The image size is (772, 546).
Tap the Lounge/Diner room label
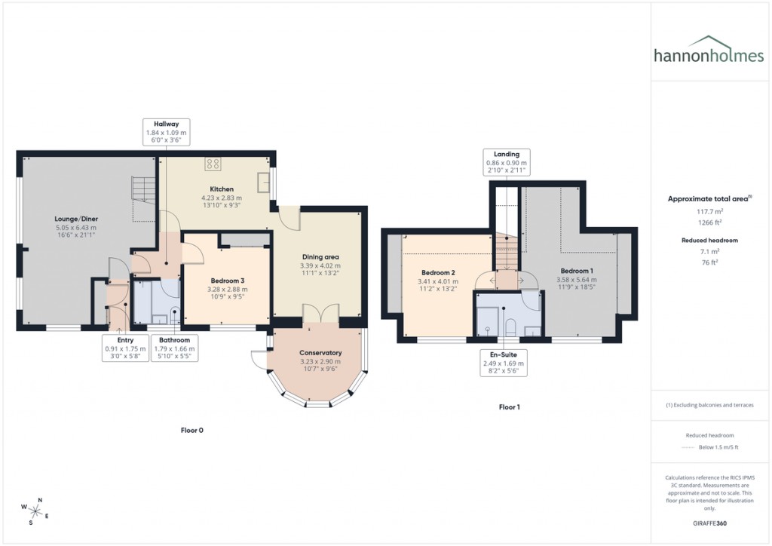(x=76, y=219)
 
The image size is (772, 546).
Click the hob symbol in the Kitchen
(x=212, y=163)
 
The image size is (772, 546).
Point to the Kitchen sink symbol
(x=263, y=181)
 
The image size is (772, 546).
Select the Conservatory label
(x=320, y=353)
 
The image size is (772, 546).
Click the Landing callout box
(x=507, y=163)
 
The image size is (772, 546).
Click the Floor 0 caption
(x=191, y=431)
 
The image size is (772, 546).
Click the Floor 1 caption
(x=510, y=407)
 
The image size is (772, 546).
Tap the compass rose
(x=35, y=511)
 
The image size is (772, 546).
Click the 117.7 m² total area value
(x=708, y=212)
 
